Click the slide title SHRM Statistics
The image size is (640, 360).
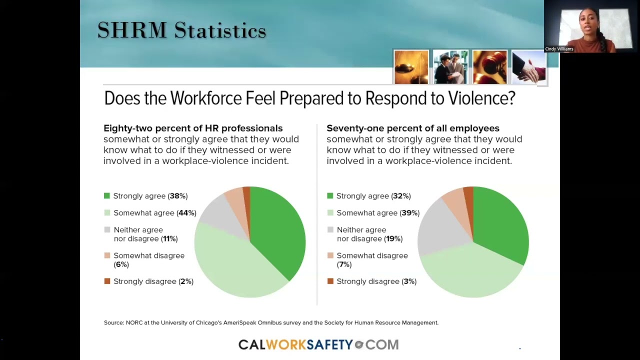(x=181, y=31)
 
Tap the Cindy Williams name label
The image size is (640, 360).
(x=559, y=49)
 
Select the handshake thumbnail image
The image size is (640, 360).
(x=528, y=67)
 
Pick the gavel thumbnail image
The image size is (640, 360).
(x=489, y=67)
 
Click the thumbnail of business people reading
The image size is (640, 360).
(x=450, y=67)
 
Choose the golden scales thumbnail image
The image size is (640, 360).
(x=411, y=67)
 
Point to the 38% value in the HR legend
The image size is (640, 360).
(x=178, y=196)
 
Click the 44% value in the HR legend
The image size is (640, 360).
(x=186, y=213)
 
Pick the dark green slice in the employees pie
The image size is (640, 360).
(x=500, y=225)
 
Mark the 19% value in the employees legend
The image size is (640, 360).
(x=393, y=239)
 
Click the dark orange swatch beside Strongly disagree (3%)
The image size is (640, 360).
(x=330, y=281)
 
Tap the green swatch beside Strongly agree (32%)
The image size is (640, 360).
(x=330, y=196)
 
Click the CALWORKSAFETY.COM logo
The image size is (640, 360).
(x=318, y=344)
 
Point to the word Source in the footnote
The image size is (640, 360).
(x=113, y=323)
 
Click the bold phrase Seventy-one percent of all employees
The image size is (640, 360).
(x=413, y=128)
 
